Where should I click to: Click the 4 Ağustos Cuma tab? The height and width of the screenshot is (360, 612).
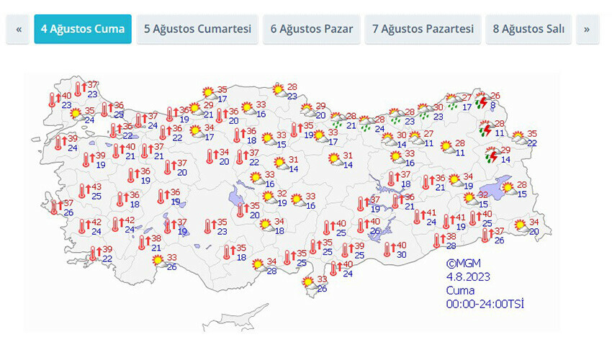(83, 29)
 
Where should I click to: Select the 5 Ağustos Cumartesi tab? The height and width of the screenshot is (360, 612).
(197, 29)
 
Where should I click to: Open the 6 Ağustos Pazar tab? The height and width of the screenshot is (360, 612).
(312, 29)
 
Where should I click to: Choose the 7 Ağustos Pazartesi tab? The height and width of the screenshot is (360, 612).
(423, 29)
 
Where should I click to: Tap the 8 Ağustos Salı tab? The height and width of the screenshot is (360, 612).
(528, 29)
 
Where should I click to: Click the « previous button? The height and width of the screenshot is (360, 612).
(18, 29)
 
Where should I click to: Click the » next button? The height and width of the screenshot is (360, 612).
(587, 29)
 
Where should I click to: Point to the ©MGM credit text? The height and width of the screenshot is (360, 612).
(462, 264)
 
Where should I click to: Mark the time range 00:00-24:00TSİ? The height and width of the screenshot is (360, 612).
(484, 304)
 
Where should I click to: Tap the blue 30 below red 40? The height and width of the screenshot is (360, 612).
(401, 254)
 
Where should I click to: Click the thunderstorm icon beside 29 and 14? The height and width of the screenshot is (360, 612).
(492, 155)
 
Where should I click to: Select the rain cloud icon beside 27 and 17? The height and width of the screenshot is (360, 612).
(452, 102)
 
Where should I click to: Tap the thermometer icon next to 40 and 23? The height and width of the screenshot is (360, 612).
(53, 99)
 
